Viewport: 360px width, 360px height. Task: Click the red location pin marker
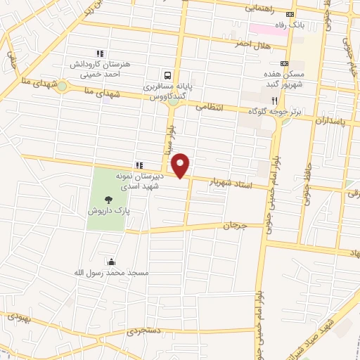(181, 165)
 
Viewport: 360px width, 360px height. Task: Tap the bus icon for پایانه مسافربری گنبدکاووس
(167, 75)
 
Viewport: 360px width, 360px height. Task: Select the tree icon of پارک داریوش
(108, 199)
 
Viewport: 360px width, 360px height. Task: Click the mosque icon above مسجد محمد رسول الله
(108, 261)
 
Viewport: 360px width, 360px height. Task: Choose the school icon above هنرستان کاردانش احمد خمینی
(100, 53)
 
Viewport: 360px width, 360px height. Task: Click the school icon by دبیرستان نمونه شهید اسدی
(139, 165)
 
